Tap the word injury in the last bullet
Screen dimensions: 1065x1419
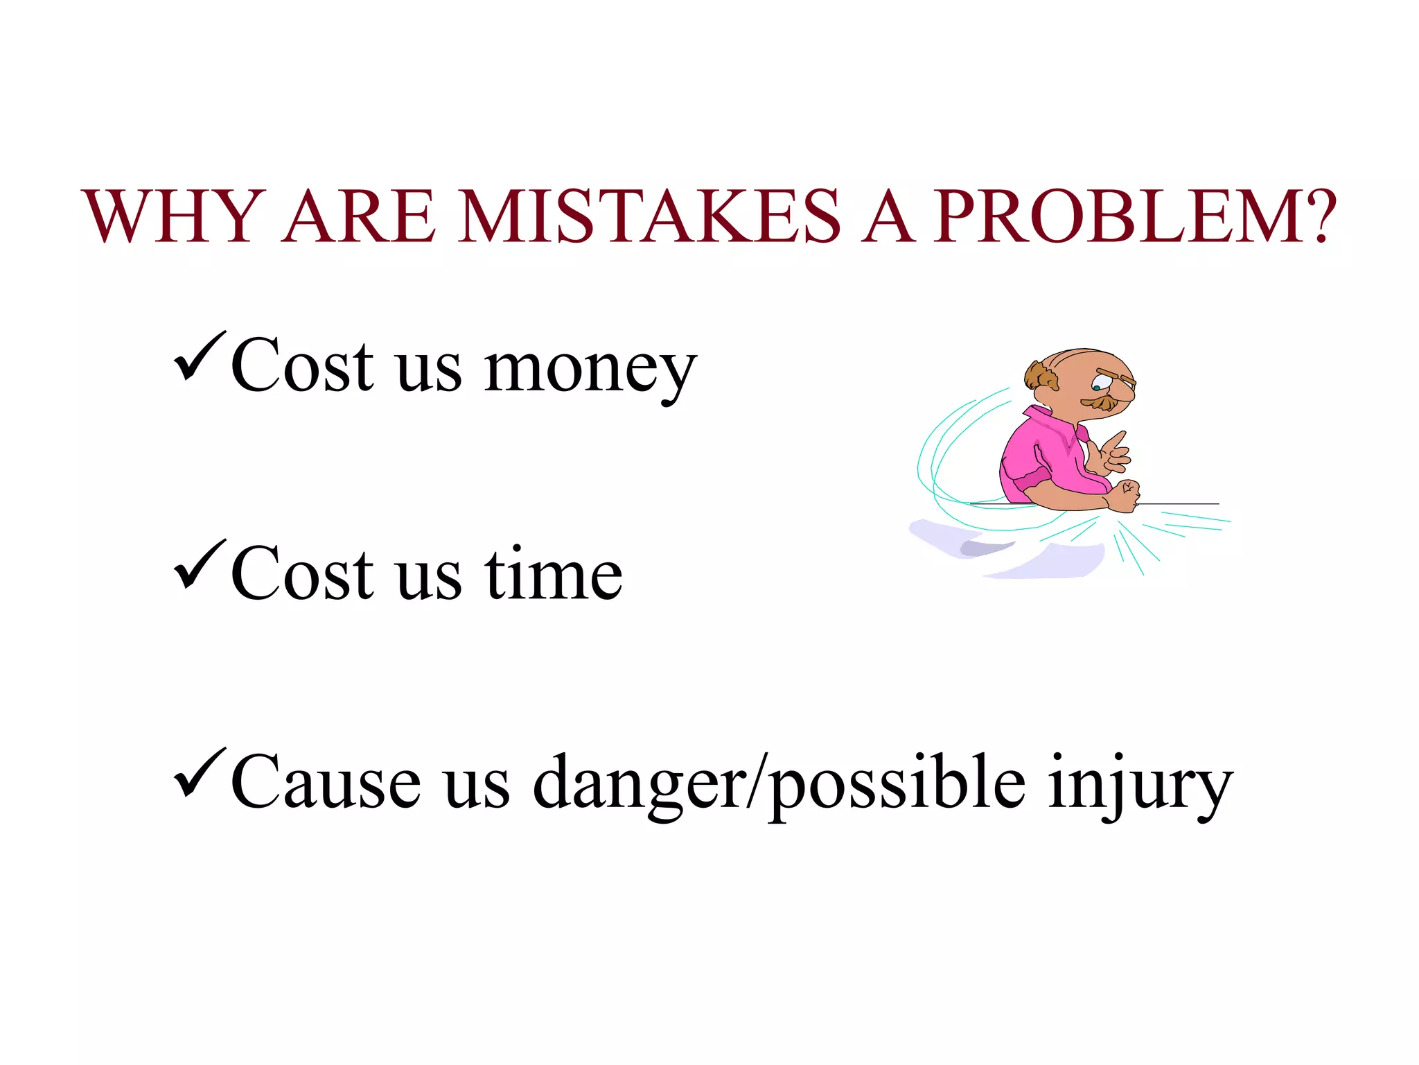point(1140,785)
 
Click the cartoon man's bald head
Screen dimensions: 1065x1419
point(1081,364)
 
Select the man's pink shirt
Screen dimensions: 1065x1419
point(1046,458)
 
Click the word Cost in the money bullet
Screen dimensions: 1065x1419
point(302,366)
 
